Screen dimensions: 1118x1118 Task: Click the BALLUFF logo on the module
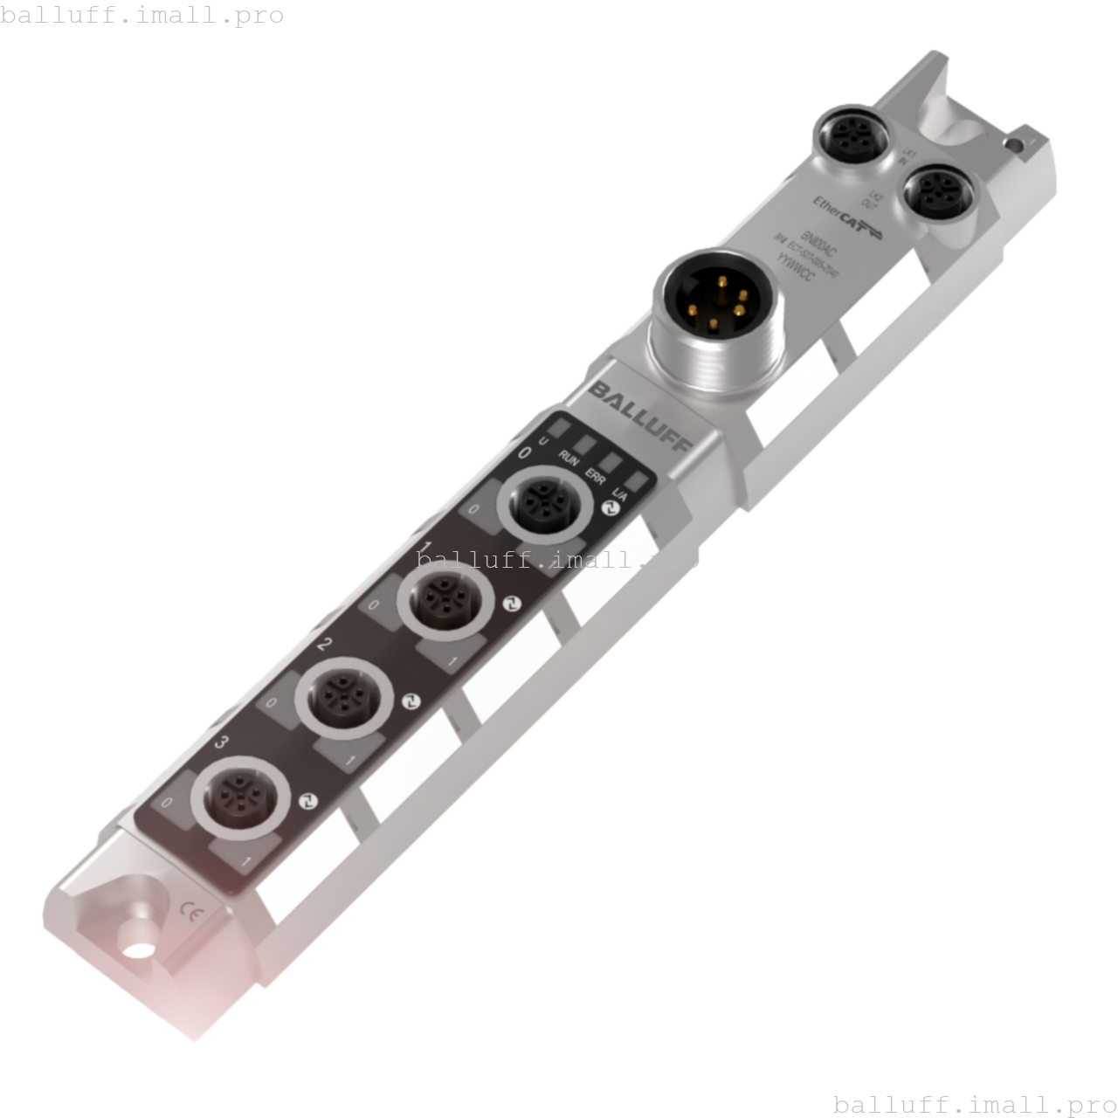[x=640, y=416]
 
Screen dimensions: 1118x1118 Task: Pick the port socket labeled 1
[x=439, y=603]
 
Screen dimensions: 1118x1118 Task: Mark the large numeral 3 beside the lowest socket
[x=223, y=742]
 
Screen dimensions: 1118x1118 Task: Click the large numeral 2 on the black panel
[x=325, y=645]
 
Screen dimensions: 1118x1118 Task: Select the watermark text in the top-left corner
[x=142, y=16]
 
